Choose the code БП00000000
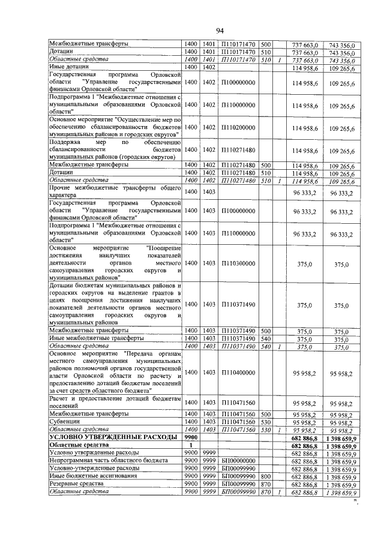238,461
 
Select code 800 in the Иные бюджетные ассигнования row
266,476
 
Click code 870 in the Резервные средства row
266,484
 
